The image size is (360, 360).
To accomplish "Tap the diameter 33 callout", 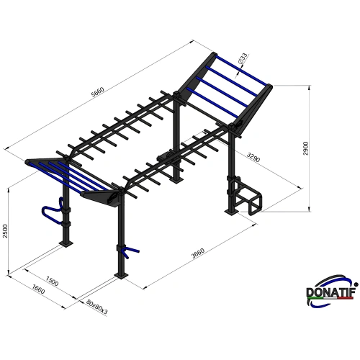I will click(244, 57).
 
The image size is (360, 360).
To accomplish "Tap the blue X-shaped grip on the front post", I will click(129, 251).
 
